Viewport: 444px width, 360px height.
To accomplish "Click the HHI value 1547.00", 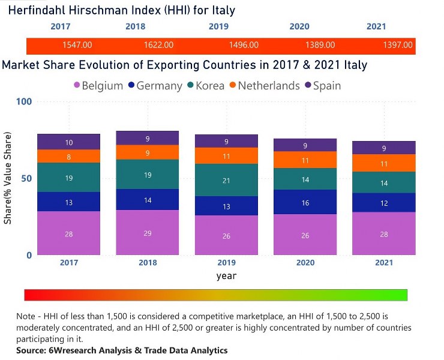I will click(x=77, y=45).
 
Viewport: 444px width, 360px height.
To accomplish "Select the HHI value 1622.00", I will click(x=159, y=45).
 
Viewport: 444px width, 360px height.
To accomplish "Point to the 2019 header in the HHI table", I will click(x=218, y=26).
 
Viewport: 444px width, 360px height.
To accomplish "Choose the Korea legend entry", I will click(x=205, y=86).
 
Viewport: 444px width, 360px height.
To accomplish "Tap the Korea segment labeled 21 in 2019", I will click(x=226, y=180).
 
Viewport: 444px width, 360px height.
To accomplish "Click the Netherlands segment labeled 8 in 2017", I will click(x=69, y=157).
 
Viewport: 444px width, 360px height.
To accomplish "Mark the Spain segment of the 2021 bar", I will click(x=384, y=148).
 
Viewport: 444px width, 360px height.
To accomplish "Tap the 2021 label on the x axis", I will click(x=384, y=263).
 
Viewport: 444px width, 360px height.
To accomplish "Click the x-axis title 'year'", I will click(x=226, y=276).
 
